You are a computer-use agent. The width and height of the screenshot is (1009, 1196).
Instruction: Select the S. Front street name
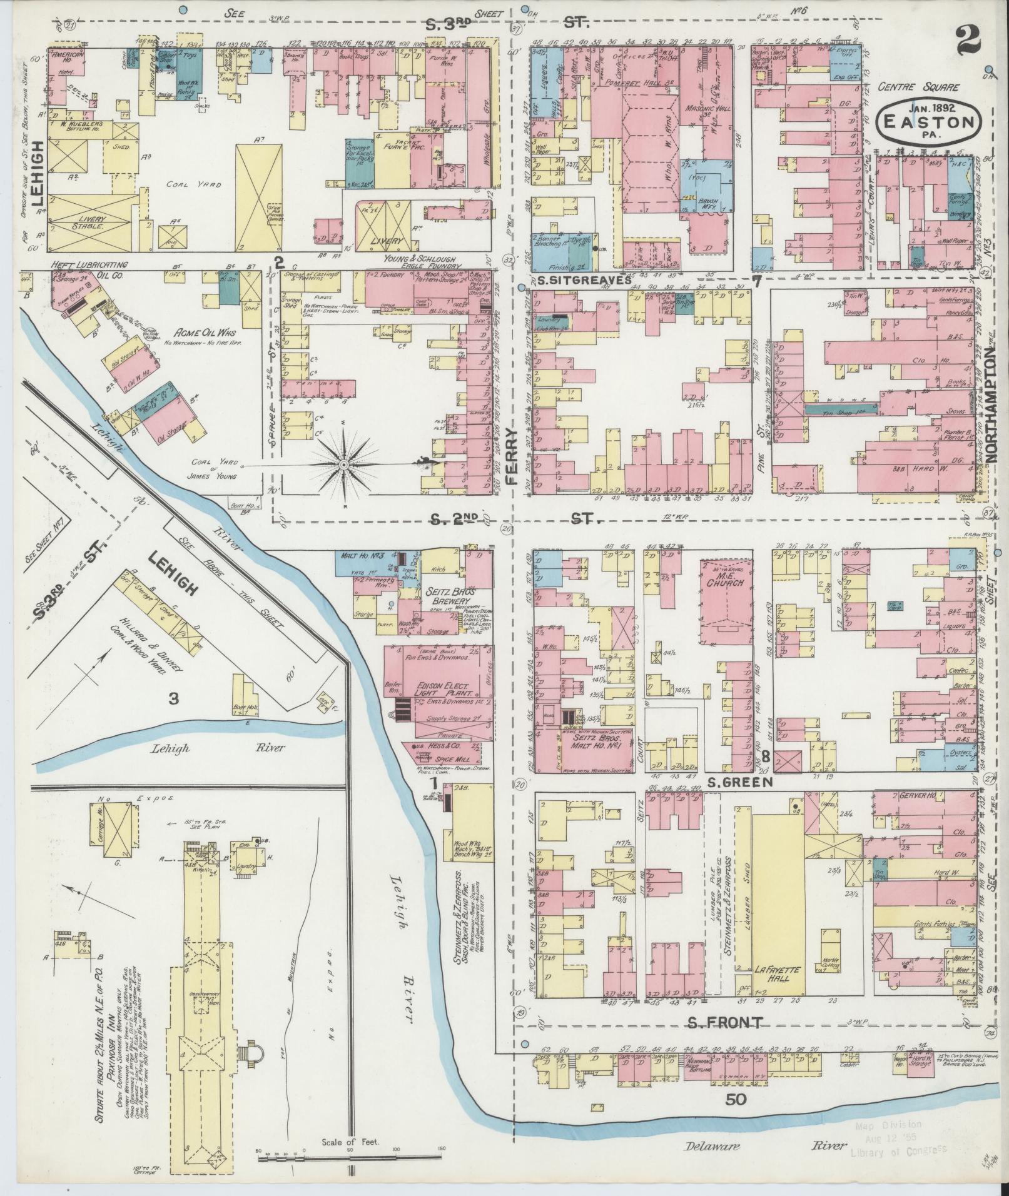coord(725,1022)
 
